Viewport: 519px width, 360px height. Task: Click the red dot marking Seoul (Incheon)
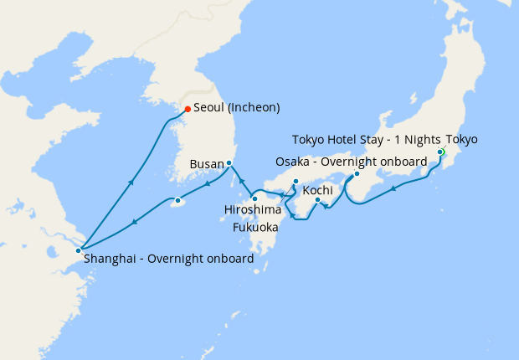click(187, 109)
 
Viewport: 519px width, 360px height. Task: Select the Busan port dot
click(229, 162)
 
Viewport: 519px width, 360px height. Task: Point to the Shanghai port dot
click(78, 249)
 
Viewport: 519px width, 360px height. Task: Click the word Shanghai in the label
click(111, 260)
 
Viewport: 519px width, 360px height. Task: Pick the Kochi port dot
click(317, 199)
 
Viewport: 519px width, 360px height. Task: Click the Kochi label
click(318, 191)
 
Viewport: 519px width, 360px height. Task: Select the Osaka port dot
click(357, 174)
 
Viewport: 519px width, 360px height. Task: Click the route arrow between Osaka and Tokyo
click(393, 188)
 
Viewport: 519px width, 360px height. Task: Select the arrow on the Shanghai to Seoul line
click(131, 181)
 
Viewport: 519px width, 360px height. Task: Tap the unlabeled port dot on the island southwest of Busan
click(177, 200)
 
